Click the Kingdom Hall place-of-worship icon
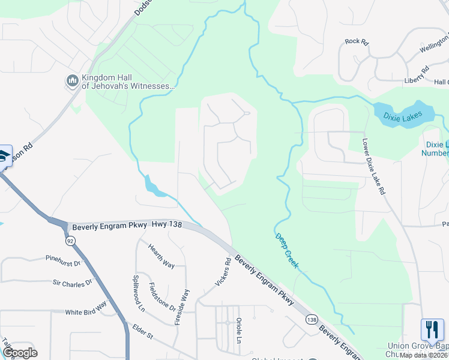point(72,80)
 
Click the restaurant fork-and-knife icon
point(432,330)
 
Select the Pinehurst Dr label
point(62,262)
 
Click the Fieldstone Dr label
point(162,297)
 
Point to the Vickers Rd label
point(222,272)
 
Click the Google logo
point(20,352)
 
